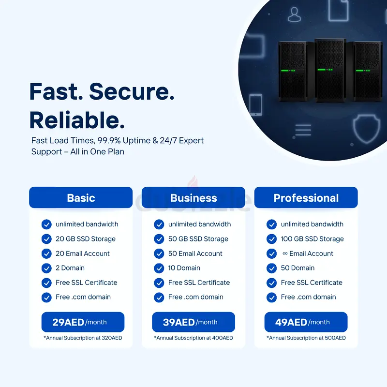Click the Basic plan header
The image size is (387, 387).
[x=81, y=197]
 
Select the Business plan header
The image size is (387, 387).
[x=193, y=197]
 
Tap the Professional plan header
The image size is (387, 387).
[x=306, y=197]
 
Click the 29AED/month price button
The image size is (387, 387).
[x=83, y=322]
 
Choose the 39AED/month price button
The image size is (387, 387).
[x=193, y=322]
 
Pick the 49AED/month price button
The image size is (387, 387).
[x=306, y=322]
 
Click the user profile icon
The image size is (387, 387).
[x=295, y=15]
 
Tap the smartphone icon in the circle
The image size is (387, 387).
[x=256, y=104]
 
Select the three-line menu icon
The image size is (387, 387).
[x=303, y=130]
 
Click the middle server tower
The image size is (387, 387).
[x=330, y=70]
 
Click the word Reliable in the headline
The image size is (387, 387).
[x=77, y=120]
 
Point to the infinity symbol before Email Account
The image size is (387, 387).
[x=285, y=253]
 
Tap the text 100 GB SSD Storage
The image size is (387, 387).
[x=312, y=238]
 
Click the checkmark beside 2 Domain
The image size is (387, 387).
[x=46, y=268]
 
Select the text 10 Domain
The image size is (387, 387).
[x=184, y=268]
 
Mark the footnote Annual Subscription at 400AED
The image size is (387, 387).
[x=193, y=338]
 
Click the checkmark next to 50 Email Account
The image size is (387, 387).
[x=159, y=253]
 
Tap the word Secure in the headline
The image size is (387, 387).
[x=132, y=91]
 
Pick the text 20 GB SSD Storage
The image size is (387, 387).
[x=86, y=238]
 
